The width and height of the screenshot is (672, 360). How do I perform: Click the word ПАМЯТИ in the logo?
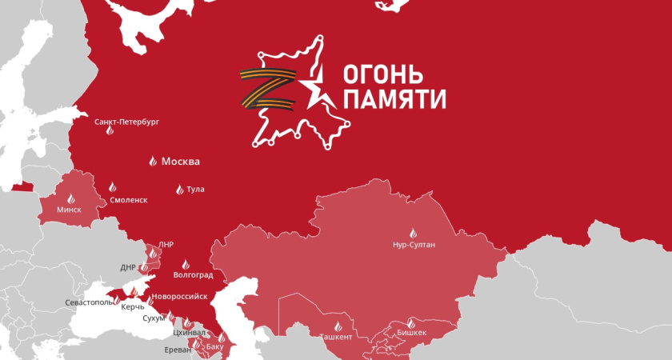(x=394, y=100)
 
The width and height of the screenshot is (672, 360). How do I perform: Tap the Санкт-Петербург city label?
(x=126, y=122)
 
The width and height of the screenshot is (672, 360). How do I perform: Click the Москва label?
(x=180, y=162)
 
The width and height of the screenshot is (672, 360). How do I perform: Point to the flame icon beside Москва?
(x=153, y=162)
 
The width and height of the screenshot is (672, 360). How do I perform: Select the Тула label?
(x=195, y=190)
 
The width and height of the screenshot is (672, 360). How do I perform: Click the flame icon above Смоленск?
(x=113, y=187)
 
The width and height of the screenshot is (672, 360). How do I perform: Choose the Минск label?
(x=70, y=210)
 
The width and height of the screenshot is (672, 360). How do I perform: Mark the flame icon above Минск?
(x=70, y=198)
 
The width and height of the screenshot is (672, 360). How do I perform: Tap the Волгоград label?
(x=193, y=276)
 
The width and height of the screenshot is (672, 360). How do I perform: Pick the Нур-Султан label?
(x=414, y=245)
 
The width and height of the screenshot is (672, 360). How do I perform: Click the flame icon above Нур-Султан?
(x=414, y=233)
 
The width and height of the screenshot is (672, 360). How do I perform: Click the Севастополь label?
(x=90, y=303)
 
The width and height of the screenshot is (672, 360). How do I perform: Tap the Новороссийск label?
(x=184, y=297)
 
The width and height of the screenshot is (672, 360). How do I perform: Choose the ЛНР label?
(x=166, y=245)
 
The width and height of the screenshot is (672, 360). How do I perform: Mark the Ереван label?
(x=178, y=350)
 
